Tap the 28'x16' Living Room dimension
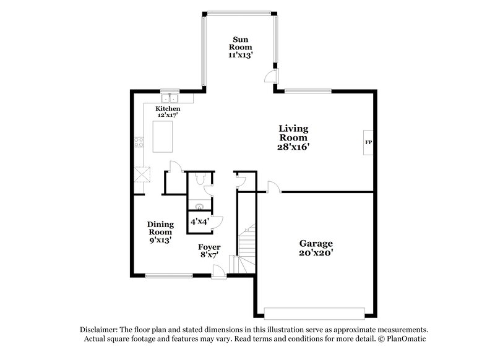tap(293, 147)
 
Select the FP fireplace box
tap(368, 143)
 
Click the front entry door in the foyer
tap(218, 270)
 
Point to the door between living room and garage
tap(273, 187)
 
